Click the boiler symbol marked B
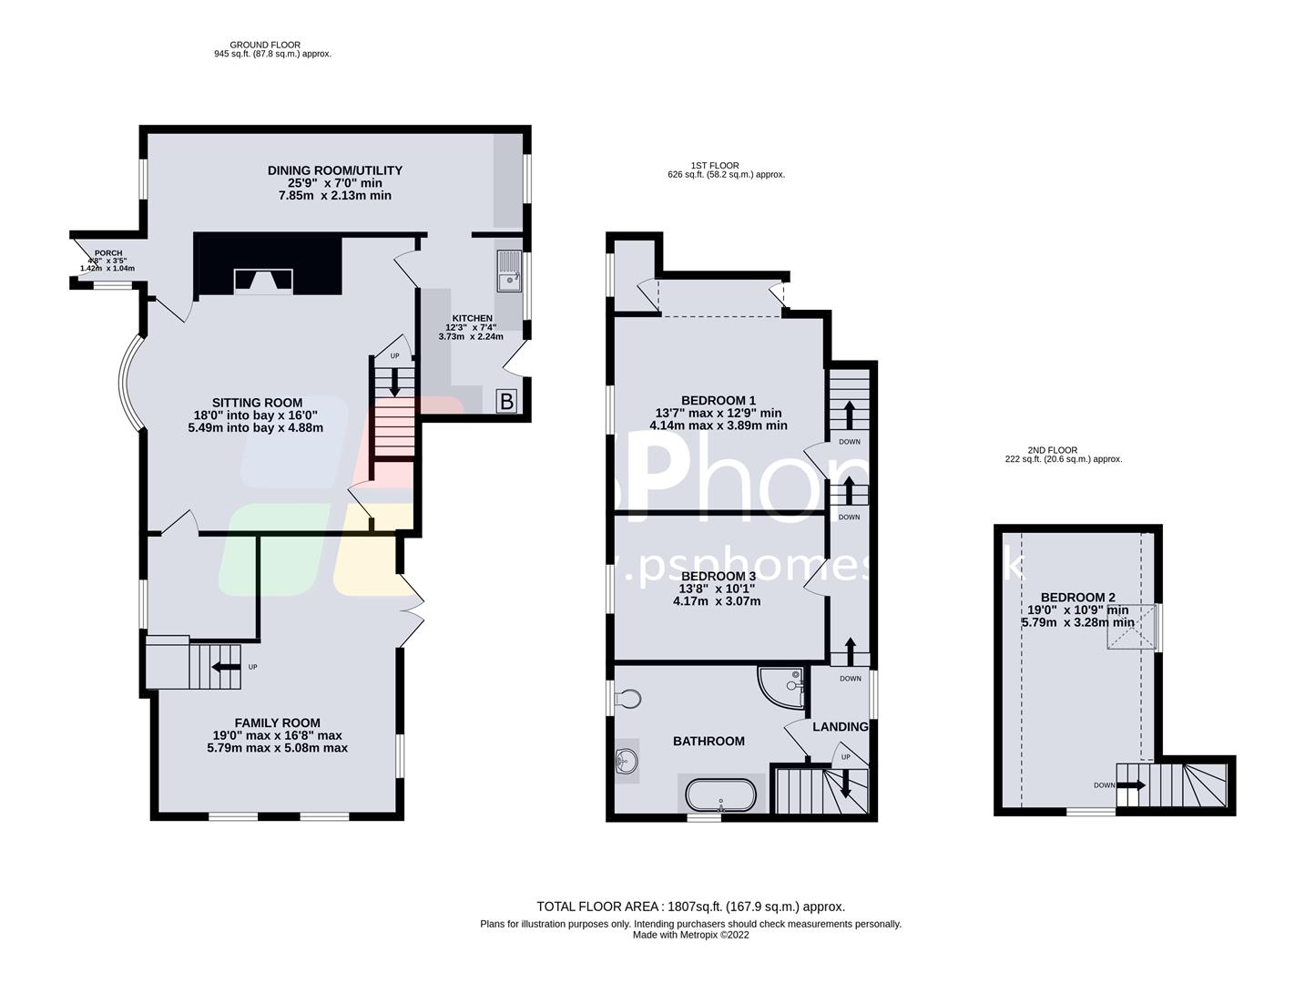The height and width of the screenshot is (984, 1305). [506, 401]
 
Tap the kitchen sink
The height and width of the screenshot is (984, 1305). [510, 271]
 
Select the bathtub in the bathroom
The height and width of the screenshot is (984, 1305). [720, 794]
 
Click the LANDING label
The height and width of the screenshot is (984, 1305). [840, 726]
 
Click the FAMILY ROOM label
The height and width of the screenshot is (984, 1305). [277, 723]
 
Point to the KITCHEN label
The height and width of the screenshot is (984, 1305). [470, 318]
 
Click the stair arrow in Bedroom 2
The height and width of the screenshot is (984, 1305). [1132, 784]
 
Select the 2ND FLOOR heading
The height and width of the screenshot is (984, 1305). [1052, 450]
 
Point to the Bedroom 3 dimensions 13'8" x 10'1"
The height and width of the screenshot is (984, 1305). [717, 589]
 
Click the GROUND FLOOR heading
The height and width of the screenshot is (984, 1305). [264, 45]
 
